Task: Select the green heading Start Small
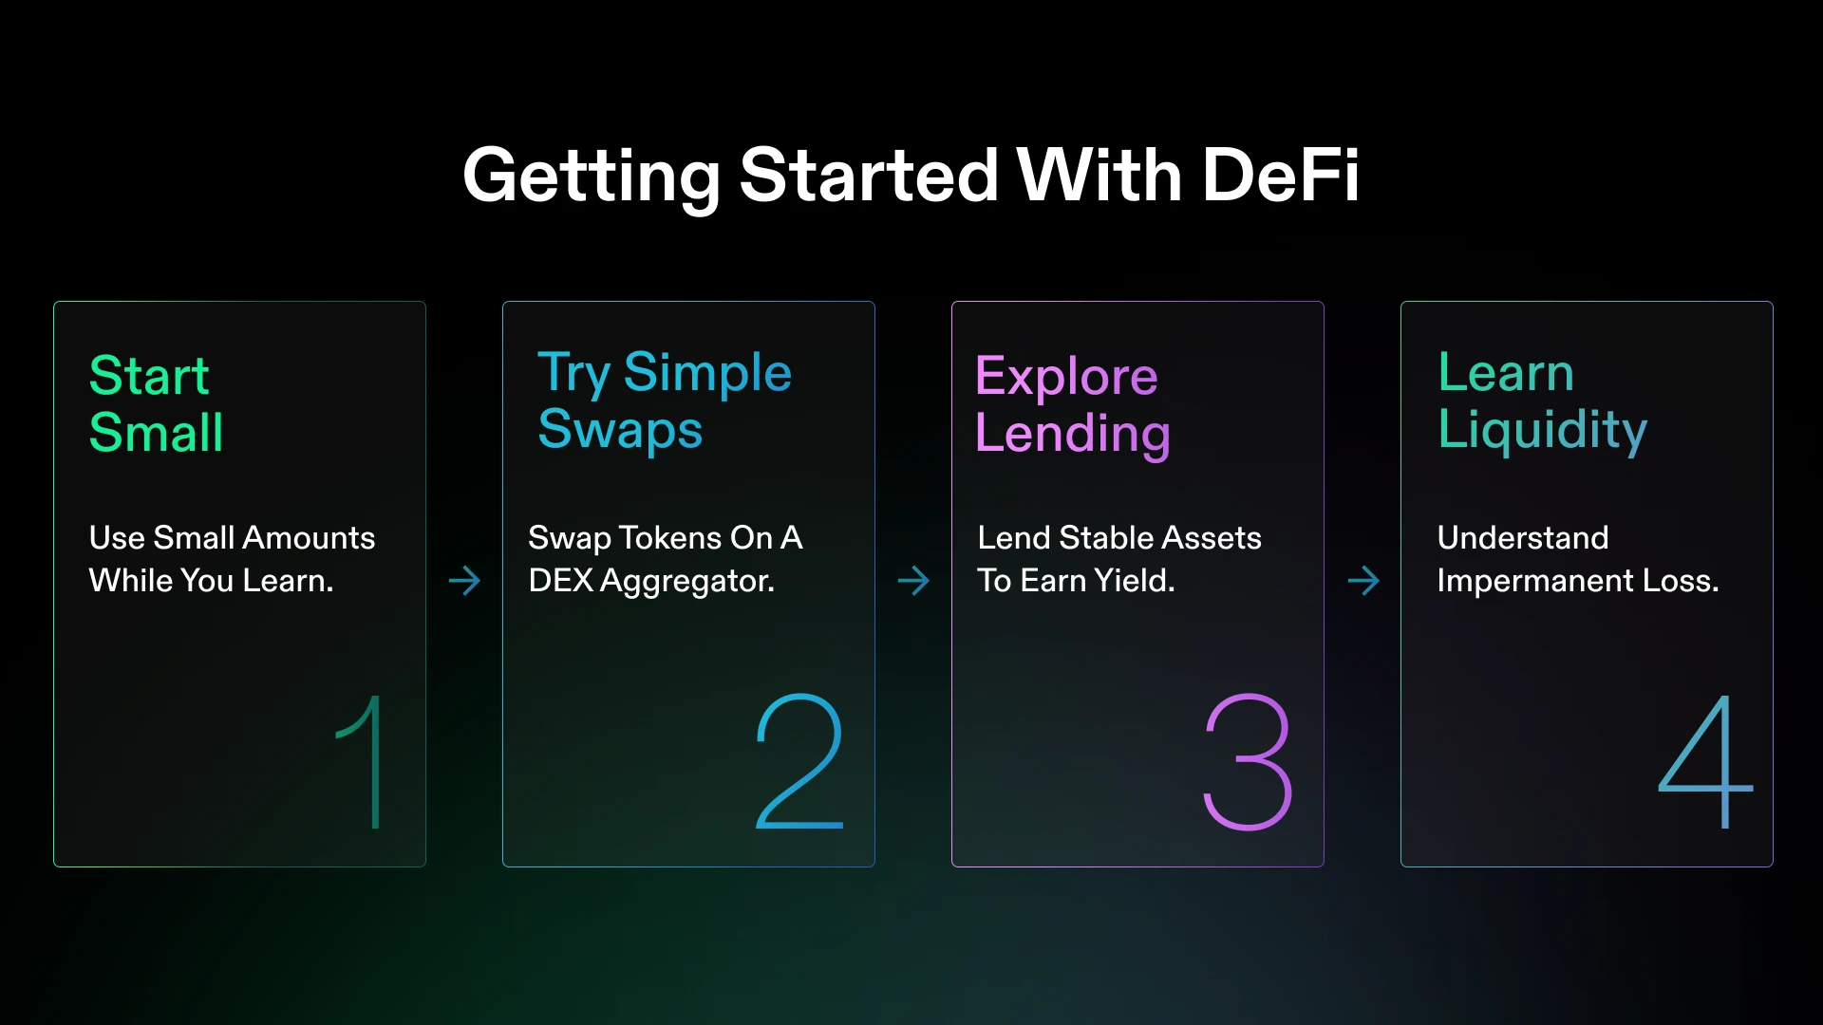coord(157,404)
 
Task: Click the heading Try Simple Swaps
coord(665,401)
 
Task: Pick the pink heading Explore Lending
coord(1072,405)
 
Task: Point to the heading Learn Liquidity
coord(1543,401)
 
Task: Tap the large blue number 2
coord(799,761)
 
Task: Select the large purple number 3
coord(1248,762)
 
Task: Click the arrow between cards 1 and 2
coord(464,580)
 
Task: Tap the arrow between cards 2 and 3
coord(913,580)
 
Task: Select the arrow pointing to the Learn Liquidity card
coord(1363,580)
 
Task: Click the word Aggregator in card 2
coord(687,581)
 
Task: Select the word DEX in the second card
coord(560,580)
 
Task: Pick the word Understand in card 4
coord(1523,538)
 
